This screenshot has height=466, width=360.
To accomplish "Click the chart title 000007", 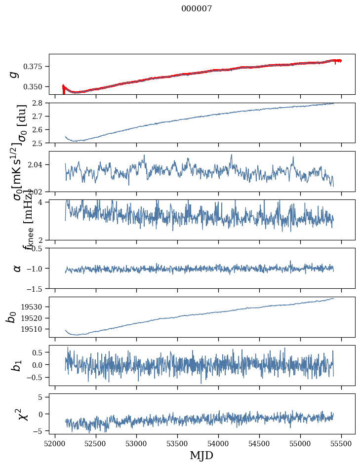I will coord(197,8).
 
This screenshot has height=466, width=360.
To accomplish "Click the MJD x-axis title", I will coord(201,455).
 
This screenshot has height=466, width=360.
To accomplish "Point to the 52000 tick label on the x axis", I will coord(55,443).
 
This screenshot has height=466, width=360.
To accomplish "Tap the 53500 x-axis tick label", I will coord(177,443).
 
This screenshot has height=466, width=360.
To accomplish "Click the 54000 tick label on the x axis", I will coord(218,443).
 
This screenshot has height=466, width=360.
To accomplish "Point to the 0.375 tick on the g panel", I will coord(36,66).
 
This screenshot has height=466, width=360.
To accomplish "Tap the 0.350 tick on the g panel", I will coord(36,86).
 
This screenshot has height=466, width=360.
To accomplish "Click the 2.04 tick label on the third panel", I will coord(38,164).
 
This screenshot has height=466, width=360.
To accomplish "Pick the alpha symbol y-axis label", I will coord(17,268).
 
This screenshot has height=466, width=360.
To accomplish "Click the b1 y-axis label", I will coord(17,366).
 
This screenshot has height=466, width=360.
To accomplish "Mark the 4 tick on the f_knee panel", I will coord(44,202).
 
